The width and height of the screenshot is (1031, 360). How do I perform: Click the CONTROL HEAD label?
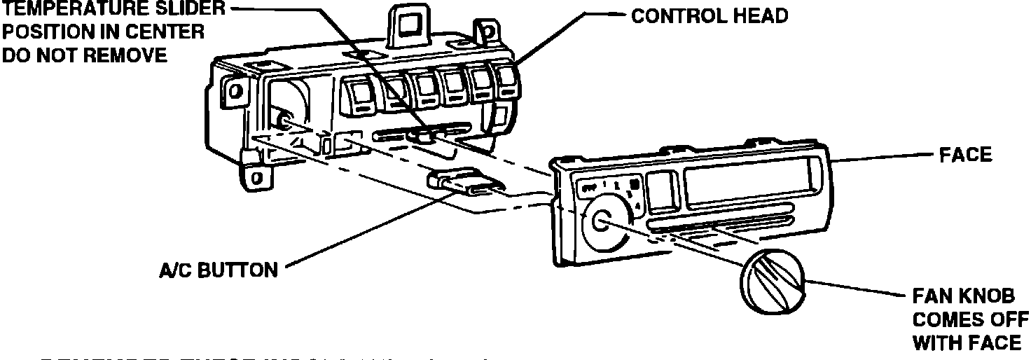click(x=710, y=16)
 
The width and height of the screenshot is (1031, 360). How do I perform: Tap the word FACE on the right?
click(x=966, y=155)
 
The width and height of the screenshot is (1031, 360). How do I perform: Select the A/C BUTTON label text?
click(x=217, y=270)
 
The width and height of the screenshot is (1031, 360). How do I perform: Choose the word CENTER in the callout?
click(x=164, y=32)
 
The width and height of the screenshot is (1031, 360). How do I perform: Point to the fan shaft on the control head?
click(x=284, y=121)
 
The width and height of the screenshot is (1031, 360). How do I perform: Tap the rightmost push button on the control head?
click(x=506, y=82)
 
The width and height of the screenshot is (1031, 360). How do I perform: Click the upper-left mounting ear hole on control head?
click(x=235, y=90)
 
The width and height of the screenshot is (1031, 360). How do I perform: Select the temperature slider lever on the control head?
click(x=423, y=135)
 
